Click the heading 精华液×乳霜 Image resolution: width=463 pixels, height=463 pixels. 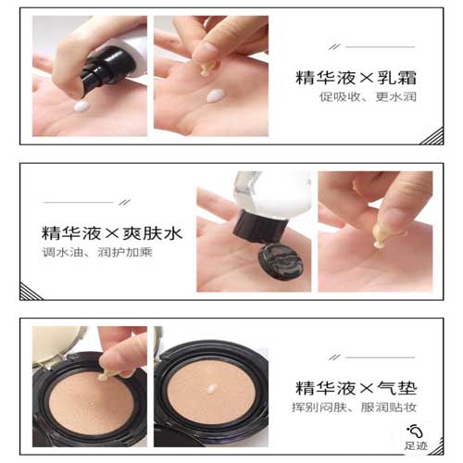coord(356,78)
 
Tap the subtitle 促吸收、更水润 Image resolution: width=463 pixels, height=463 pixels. coord(368,97)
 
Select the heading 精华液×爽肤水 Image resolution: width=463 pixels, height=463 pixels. coord(112,233)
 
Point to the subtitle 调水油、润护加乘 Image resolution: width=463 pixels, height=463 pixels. coord(97,253)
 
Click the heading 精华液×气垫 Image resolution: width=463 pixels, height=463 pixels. coord(356,388)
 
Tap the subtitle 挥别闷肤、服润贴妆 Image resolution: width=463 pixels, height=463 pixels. coord(355,407)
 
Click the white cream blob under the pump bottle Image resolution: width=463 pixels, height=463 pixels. coord(81,106)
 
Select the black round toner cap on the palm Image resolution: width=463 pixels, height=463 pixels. coord(280,261)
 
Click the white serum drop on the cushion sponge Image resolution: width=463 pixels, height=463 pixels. coord(211,389)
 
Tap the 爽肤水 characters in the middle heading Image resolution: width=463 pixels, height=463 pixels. coord(153,233)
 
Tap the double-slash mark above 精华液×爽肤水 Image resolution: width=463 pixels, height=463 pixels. coord(124,202)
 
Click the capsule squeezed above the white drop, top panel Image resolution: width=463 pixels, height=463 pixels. coord(205,69)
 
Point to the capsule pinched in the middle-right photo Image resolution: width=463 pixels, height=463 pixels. coord(382,235)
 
